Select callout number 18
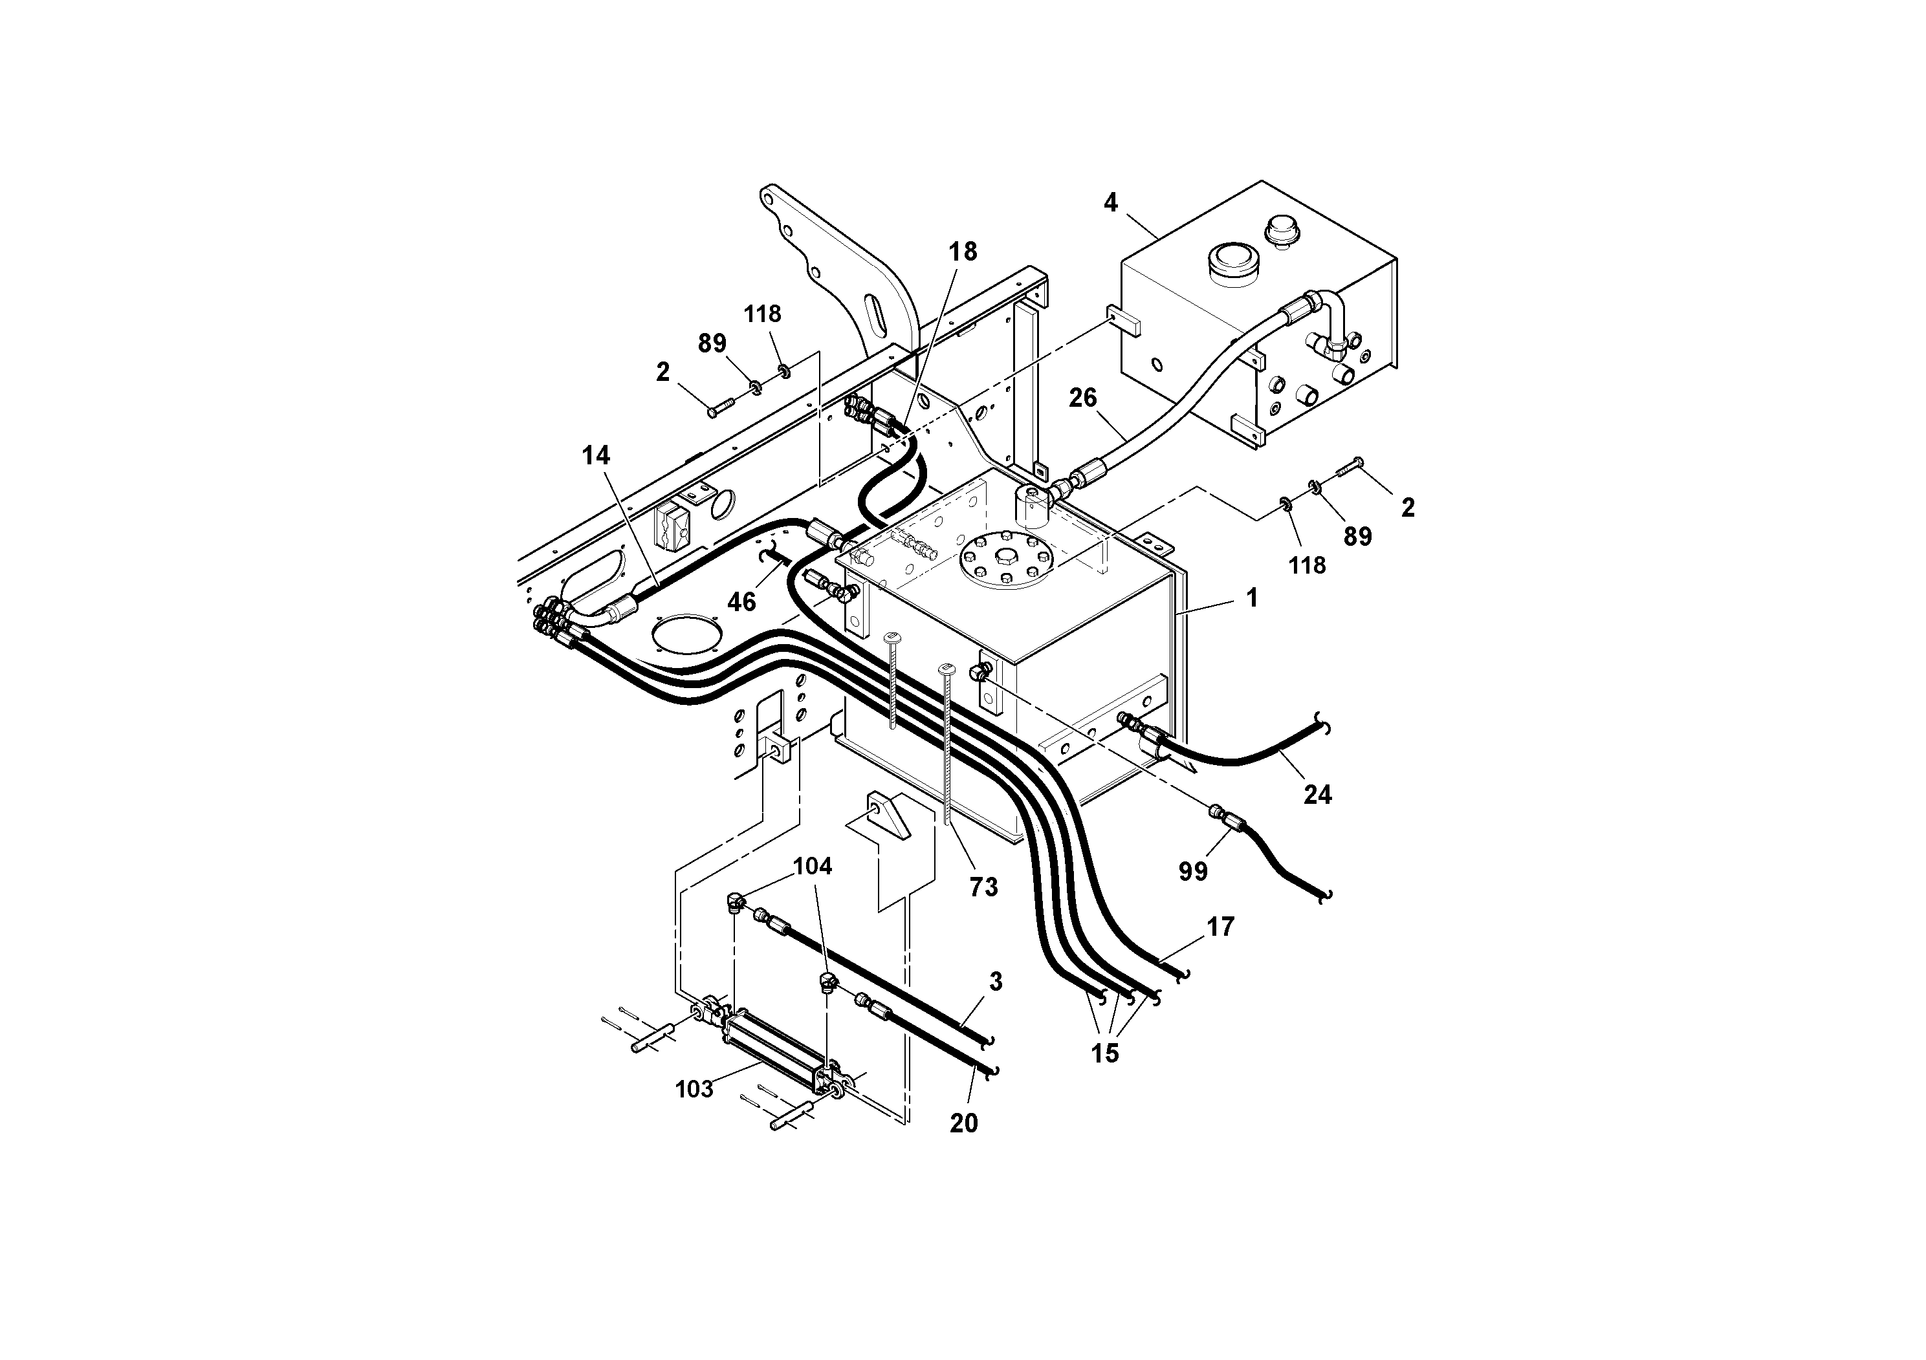coord(963,252)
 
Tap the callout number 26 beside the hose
coord(1082,398)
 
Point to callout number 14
coord(596,456)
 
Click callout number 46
coord(741,601)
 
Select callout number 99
coord(1193,872)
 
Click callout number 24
coord(1317,794)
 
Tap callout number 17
coord(1221,927)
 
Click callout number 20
coord(964,1123)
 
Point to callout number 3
coord(996,982)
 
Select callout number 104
coord(812,866)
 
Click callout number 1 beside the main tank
coord(1252,598)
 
